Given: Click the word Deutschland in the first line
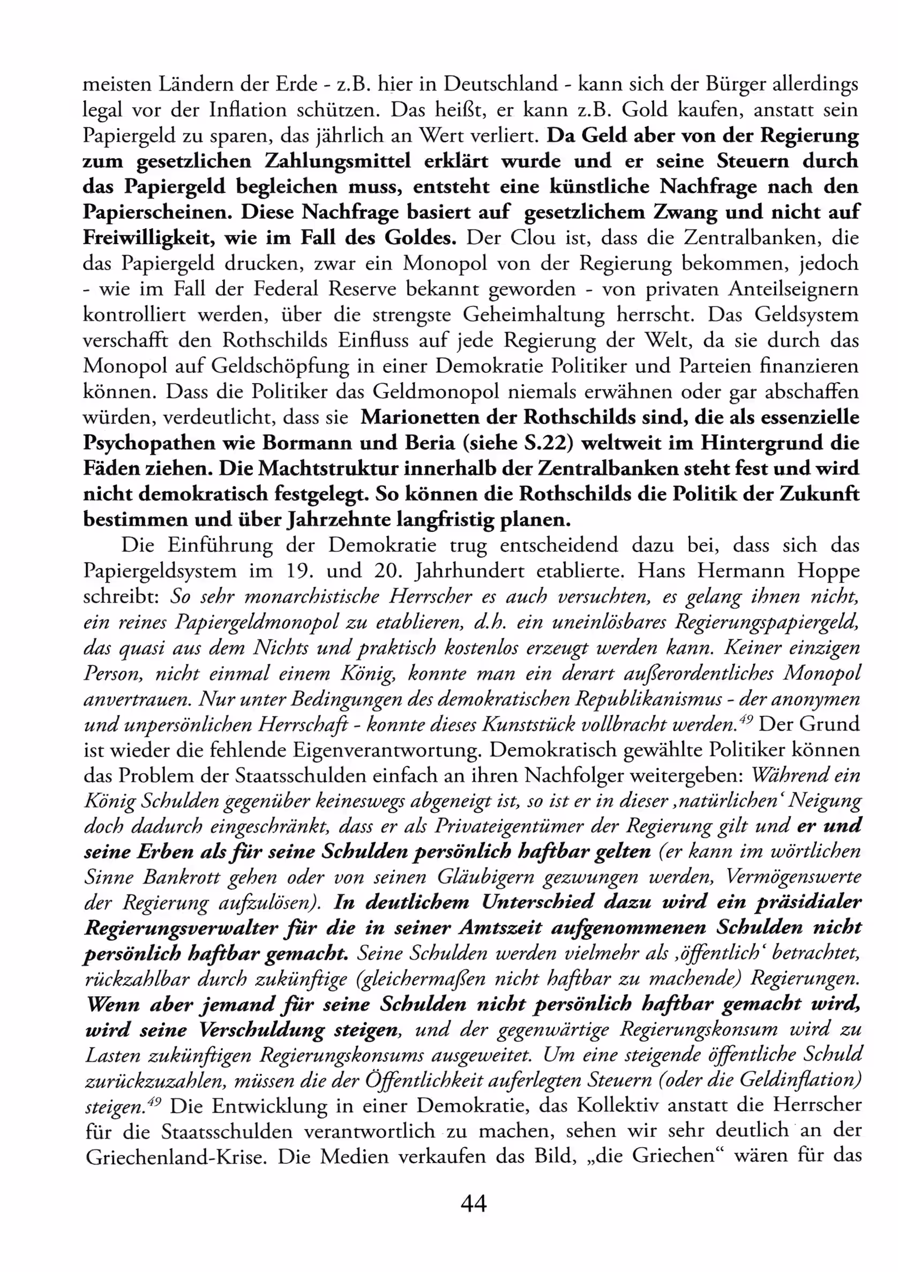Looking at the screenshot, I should pyautogui.click(x=501, y=84).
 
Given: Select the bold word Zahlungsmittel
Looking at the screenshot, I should pyautogui.click(x=338, y=161).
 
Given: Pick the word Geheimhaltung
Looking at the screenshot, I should pyautogui.click(x=534, y=315).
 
